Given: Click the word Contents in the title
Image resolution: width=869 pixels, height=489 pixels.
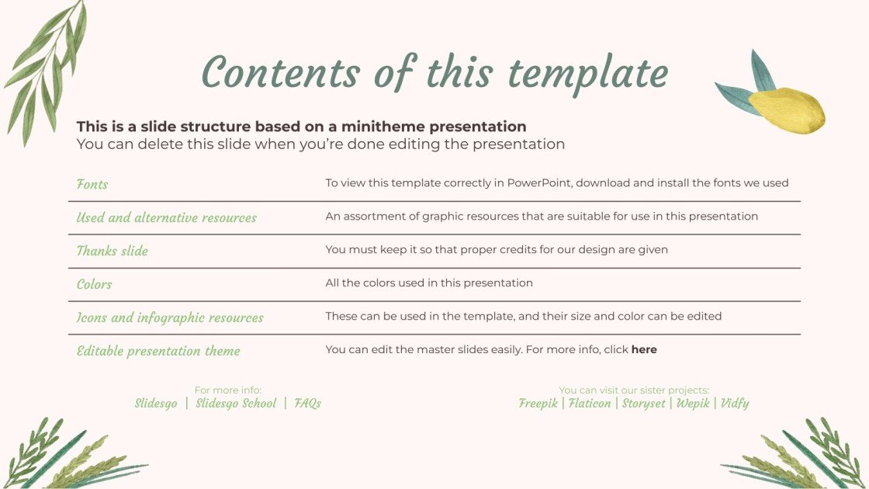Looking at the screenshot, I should point(280,74).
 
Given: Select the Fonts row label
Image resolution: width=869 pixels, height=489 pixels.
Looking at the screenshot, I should point(92,185).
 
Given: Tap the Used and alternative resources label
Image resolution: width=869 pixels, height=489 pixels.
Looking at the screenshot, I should point(166,218).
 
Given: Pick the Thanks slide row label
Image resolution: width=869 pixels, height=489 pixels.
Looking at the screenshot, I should point(112,251).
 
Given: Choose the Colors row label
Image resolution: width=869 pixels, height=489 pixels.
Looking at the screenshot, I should point(94,284).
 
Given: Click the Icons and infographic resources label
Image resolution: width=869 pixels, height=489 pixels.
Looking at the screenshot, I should point(170,317).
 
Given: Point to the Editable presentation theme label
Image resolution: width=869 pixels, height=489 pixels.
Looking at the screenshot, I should point(158,351).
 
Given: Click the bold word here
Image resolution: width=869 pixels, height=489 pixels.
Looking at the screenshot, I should point(644,350).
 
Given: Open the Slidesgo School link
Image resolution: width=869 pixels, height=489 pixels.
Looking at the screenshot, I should point(236,404).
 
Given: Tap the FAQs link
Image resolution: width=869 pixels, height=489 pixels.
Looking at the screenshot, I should point(307,404).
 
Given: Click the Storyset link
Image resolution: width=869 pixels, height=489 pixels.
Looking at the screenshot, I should point(643,404).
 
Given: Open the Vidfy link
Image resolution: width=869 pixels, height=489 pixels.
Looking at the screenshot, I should point(735,404).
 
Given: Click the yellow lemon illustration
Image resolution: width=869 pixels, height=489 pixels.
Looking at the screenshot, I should point(785,109).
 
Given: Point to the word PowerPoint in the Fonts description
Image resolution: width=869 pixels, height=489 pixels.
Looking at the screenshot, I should point(539,184).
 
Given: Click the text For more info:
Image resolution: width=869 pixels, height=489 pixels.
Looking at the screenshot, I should point(228,390).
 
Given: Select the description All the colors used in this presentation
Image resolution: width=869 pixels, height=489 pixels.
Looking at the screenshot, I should point(429,283).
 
